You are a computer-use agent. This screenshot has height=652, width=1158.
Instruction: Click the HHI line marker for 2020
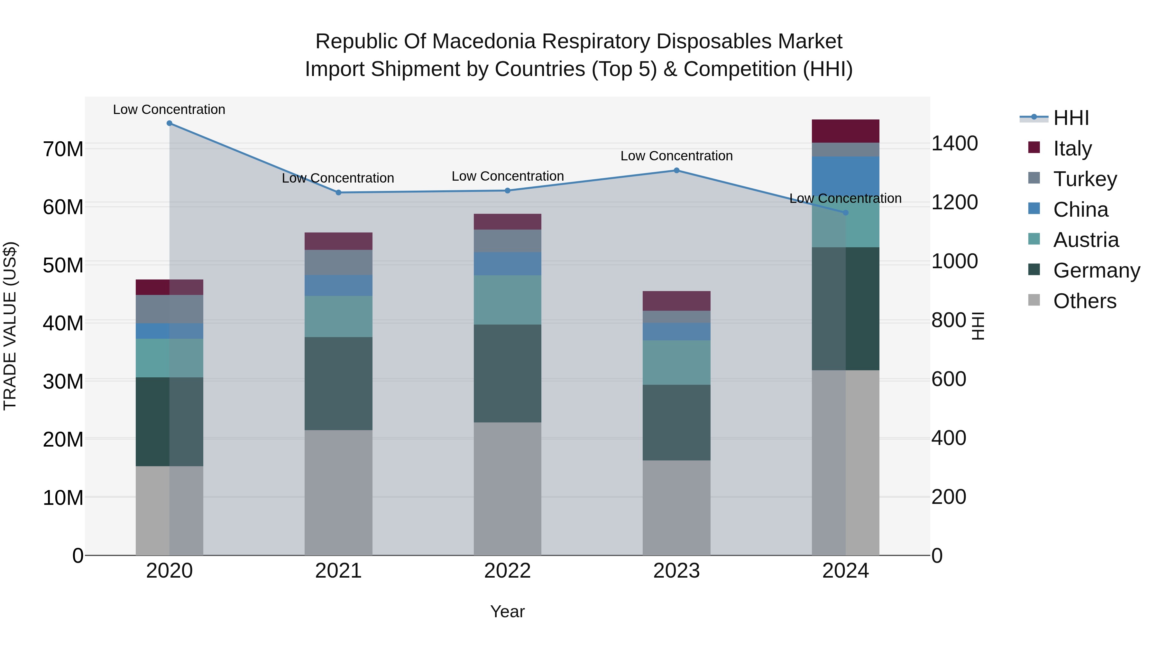(170, 123)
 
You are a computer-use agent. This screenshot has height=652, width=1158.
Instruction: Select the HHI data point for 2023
(676, 171)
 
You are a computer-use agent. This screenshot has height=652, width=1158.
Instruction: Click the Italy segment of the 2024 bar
(845, 131)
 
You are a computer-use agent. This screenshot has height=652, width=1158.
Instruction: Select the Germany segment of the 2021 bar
(338, 383)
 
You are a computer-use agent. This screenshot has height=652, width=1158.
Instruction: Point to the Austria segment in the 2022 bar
(508, 300)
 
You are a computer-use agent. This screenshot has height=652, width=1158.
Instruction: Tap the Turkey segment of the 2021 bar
(338, 262)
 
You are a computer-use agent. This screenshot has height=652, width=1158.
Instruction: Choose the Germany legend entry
(1096, 270)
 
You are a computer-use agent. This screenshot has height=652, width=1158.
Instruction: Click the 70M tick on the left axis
(63, 149)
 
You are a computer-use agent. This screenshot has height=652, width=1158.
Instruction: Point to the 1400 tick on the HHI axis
(954, 144)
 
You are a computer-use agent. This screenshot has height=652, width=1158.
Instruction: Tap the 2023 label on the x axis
(676, 571)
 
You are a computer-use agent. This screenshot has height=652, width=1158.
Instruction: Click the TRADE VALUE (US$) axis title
(10, 326)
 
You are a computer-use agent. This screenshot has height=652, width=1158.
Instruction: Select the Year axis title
(508, 611)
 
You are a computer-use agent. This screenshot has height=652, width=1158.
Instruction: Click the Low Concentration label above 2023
(676, 156)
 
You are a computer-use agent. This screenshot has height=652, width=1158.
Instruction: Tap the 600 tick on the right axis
(949, 379)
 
